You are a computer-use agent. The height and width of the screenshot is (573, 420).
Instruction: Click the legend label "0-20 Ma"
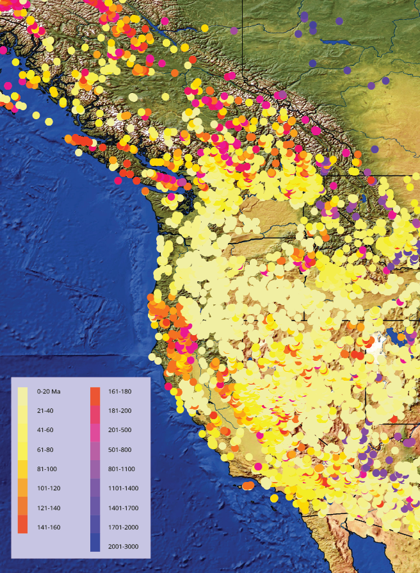click(x=49, y=390)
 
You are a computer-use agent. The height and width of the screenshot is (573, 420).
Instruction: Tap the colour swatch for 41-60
click(x=22, y=429)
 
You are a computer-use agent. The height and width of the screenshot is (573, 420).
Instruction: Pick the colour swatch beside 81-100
click(x=22, y=469)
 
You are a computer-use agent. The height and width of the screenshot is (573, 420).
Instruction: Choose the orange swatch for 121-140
click(x=22, y=508)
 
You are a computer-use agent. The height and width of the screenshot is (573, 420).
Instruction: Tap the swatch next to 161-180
click(x=95, y=390)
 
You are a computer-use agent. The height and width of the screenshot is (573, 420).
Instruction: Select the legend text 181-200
click(x=120, y=410)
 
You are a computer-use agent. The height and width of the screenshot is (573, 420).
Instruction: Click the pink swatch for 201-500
click(x=95, y=429)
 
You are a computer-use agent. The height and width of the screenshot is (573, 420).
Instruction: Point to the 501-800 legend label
click(x=120, y=449)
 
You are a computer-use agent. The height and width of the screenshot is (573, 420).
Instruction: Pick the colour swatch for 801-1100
click(x=95, y=469)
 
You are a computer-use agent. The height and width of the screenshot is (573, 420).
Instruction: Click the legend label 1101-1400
click(x=122, y=488)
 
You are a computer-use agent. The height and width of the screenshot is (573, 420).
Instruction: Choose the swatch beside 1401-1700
click(x=95, y=508)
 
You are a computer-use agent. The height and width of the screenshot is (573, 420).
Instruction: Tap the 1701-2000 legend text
click(x=122, y=527)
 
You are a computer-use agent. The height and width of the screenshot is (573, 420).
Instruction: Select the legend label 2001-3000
click(x=122, y=547)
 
